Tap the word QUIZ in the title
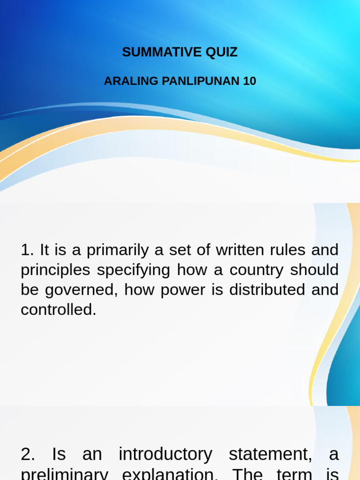tap(221, 52)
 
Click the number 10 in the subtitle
tap(249, 81)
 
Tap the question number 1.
tap(27, 250)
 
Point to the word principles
tap(55, 270)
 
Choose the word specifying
tap(134, 270)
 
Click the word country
tap(246, 270)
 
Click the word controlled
tap(58, 309)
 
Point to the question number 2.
tap(27, 454)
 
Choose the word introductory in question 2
tap(165, 454)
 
